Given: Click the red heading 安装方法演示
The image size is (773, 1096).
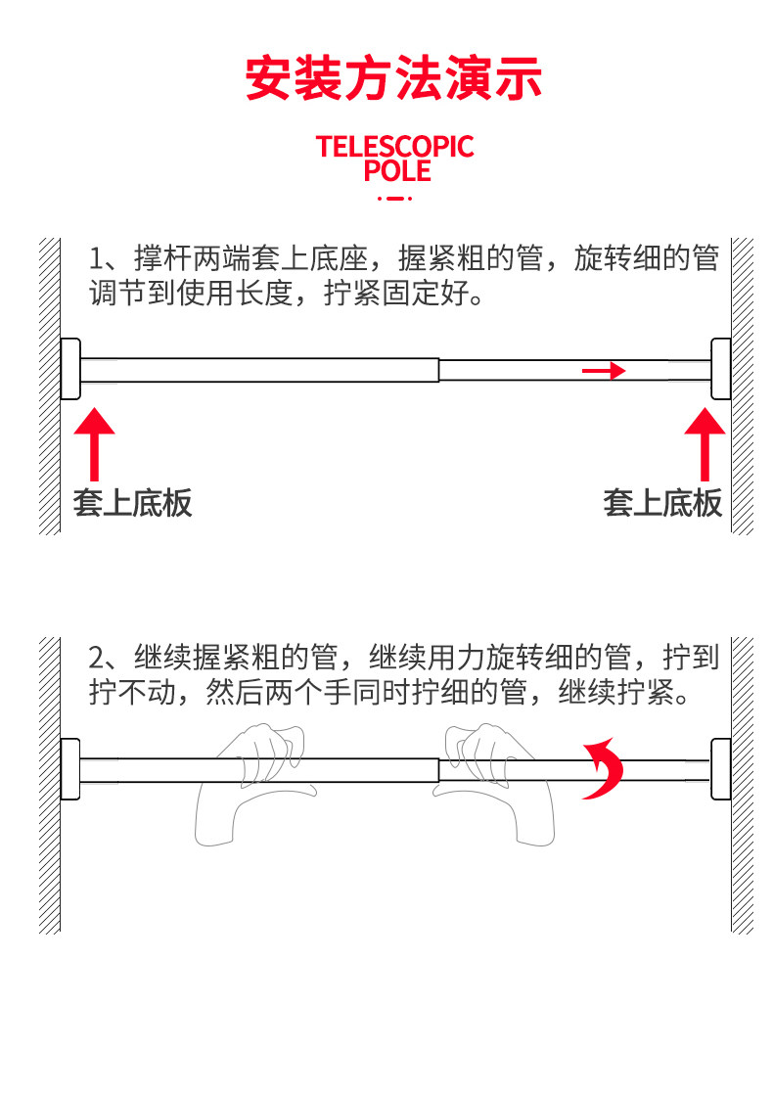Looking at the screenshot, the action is (393, 79).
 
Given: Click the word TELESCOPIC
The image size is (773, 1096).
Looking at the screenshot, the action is (394, 148).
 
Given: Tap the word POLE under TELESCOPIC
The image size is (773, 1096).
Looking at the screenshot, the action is (396, 171).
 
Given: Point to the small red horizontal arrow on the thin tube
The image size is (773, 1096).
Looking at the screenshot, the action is (604, 371).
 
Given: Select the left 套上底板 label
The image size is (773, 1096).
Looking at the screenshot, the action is (133, 503).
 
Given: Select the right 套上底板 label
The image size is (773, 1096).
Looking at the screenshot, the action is (662, 503).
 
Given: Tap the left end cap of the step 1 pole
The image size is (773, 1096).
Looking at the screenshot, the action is (70, 369).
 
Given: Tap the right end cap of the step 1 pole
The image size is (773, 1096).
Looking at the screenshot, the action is (720, 369).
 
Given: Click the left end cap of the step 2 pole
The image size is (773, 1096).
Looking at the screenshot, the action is (69, 769).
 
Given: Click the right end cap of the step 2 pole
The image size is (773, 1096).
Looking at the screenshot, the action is (720, 769).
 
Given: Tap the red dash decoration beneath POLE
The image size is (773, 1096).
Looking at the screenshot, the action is (394, 198).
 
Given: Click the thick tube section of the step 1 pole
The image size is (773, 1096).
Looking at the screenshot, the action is (259, 370).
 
